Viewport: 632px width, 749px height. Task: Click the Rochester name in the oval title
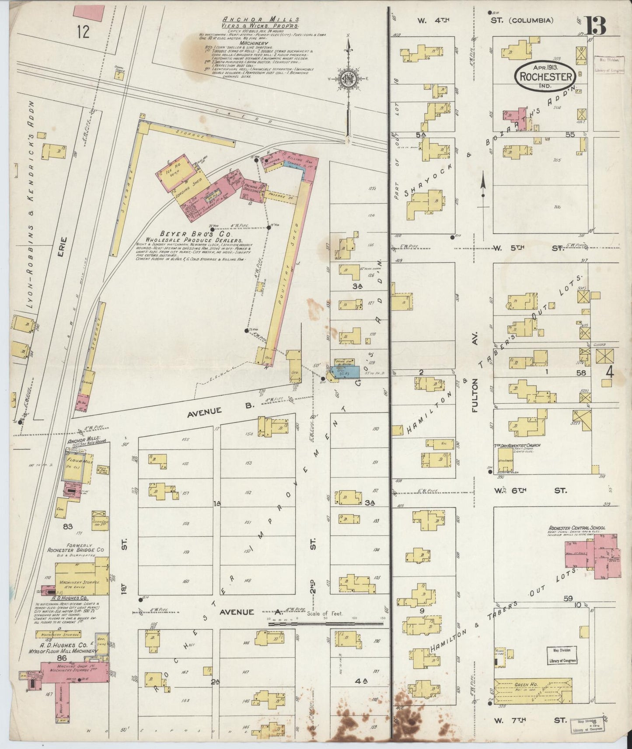tap(545, 77)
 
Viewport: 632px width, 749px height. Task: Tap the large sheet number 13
tap(596, 27)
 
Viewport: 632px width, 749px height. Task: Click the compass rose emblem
tap(349, 80)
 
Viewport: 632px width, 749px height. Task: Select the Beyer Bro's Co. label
tap(189, 234)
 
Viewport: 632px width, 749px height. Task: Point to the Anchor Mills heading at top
tap(261, 19)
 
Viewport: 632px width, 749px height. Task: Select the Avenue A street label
tap(236, 612)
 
